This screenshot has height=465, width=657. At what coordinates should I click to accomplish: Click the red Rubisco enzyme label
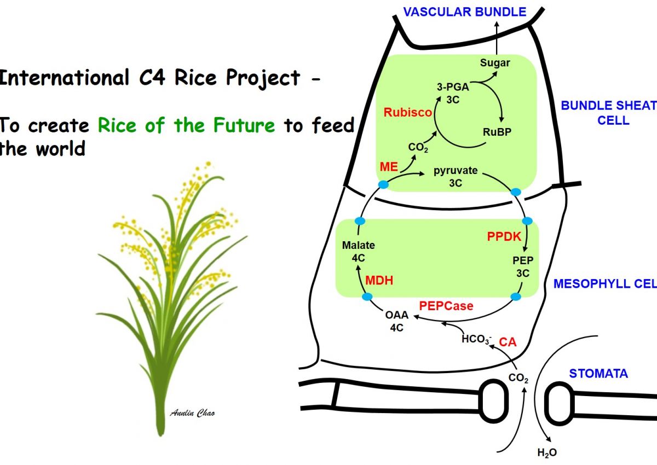[407, 113]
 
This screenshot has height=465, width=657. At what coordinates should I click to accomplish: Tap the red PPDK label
[504, 237]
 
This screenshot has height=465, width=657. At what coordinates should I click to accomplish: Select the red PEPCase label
[446, 306]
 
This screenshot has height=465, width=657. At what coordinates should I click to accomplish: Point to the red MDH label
[379, 281]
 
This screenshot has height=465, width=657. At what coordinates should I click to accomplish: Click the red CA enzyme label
[508, 342]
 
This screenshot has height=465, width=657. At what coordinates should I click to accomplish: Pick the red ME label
[389, 166]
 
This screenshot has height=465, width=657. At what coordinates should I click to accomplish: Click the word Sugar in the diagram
[495, 63]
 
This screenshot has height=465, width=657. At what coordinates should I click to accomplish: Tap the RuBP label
[497, 131]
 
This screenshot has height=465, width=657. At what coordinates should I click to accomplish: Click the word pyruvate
[456, 171]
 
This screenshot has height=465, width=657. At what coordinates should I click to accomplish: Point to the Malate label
[358, 246]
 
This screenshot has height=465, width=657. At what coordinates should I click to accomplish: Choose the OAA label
[397, 315]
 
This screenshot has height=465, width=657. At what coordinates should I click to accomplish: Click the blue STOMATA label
[598, 374]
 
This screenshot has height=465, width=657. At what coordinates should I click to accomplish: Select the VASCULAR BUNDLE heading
[465, 12]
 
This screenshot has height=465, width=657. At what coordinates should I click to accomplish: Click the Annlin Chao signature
[192, 413]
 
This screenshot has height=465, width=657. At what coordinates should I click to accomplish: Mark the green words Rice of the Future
[186, 126]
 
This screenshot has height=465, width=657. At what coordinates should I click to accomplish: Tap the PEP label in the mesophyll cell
[523, 260]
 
